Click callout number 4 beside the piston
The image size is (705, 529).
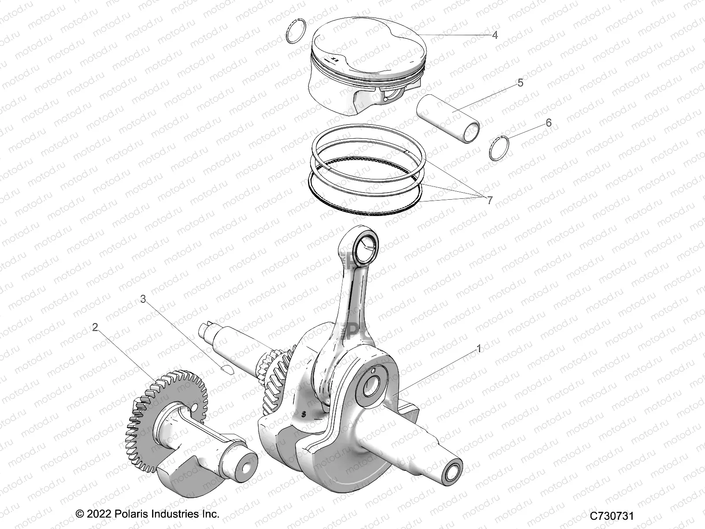(x=495, y=35)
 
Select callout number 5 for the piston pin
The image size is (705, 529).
(x=520, y=83)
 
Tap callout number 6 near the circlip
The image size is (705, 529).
(x=549, y=123)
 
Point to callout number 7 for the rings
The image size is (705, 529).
(x=490, y=201)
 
